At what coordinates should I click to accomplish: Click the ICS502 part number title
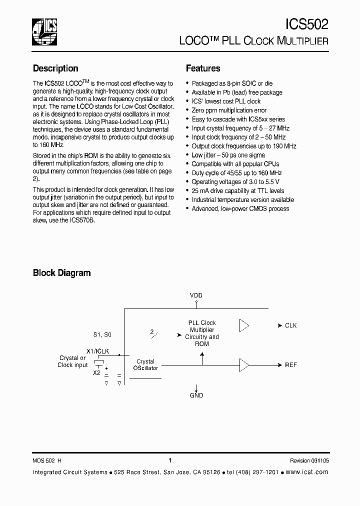pyautogui.click(x=306, y=24)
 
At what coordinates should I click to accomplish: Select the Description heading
pyautogui.click(x=55, y=68)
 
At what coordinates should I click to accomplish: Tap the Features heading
pyautogui.click(x=203, y=68)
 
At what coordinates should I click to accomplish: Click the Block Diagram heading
pyautogui.click(x=61, y=273)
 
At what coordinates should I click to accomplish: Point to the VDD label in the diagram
pyautogui.click(x=196, y=295)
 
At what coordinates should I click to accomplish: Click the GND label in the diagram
pyautogui.click(x=196, y=395)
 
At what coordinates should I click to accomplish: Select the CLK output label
pyautogui.click(x=290, y=325)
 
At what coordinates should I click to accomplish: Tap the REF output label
pyautogui.click(x=290, y=365)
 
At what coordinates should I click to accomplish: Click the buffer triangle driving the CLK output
pyautogui.click(x=244, y=325)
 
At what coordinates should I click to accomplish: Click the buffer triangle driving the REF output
pyautogui.click(x=244, y=365)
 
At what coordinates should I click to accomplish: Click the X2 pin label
pyautogui.click(x=97, y=372)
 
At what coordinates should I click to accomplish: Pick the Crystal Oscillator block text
pyautogui.click(x=145, y=364)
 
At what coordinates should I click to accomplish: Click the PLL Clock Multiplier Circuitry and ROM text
pyautogui.click(x=202, y=333)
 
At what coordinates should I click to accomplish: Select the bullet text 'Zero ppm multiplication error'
pyautogui.click(x=229, y=110)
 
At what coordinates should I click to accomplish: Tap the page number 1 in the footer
pyautogui.click(x=170, y=460)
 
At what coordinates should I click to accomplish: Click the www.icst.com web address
pyautogui.click(x=307, y=472)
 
